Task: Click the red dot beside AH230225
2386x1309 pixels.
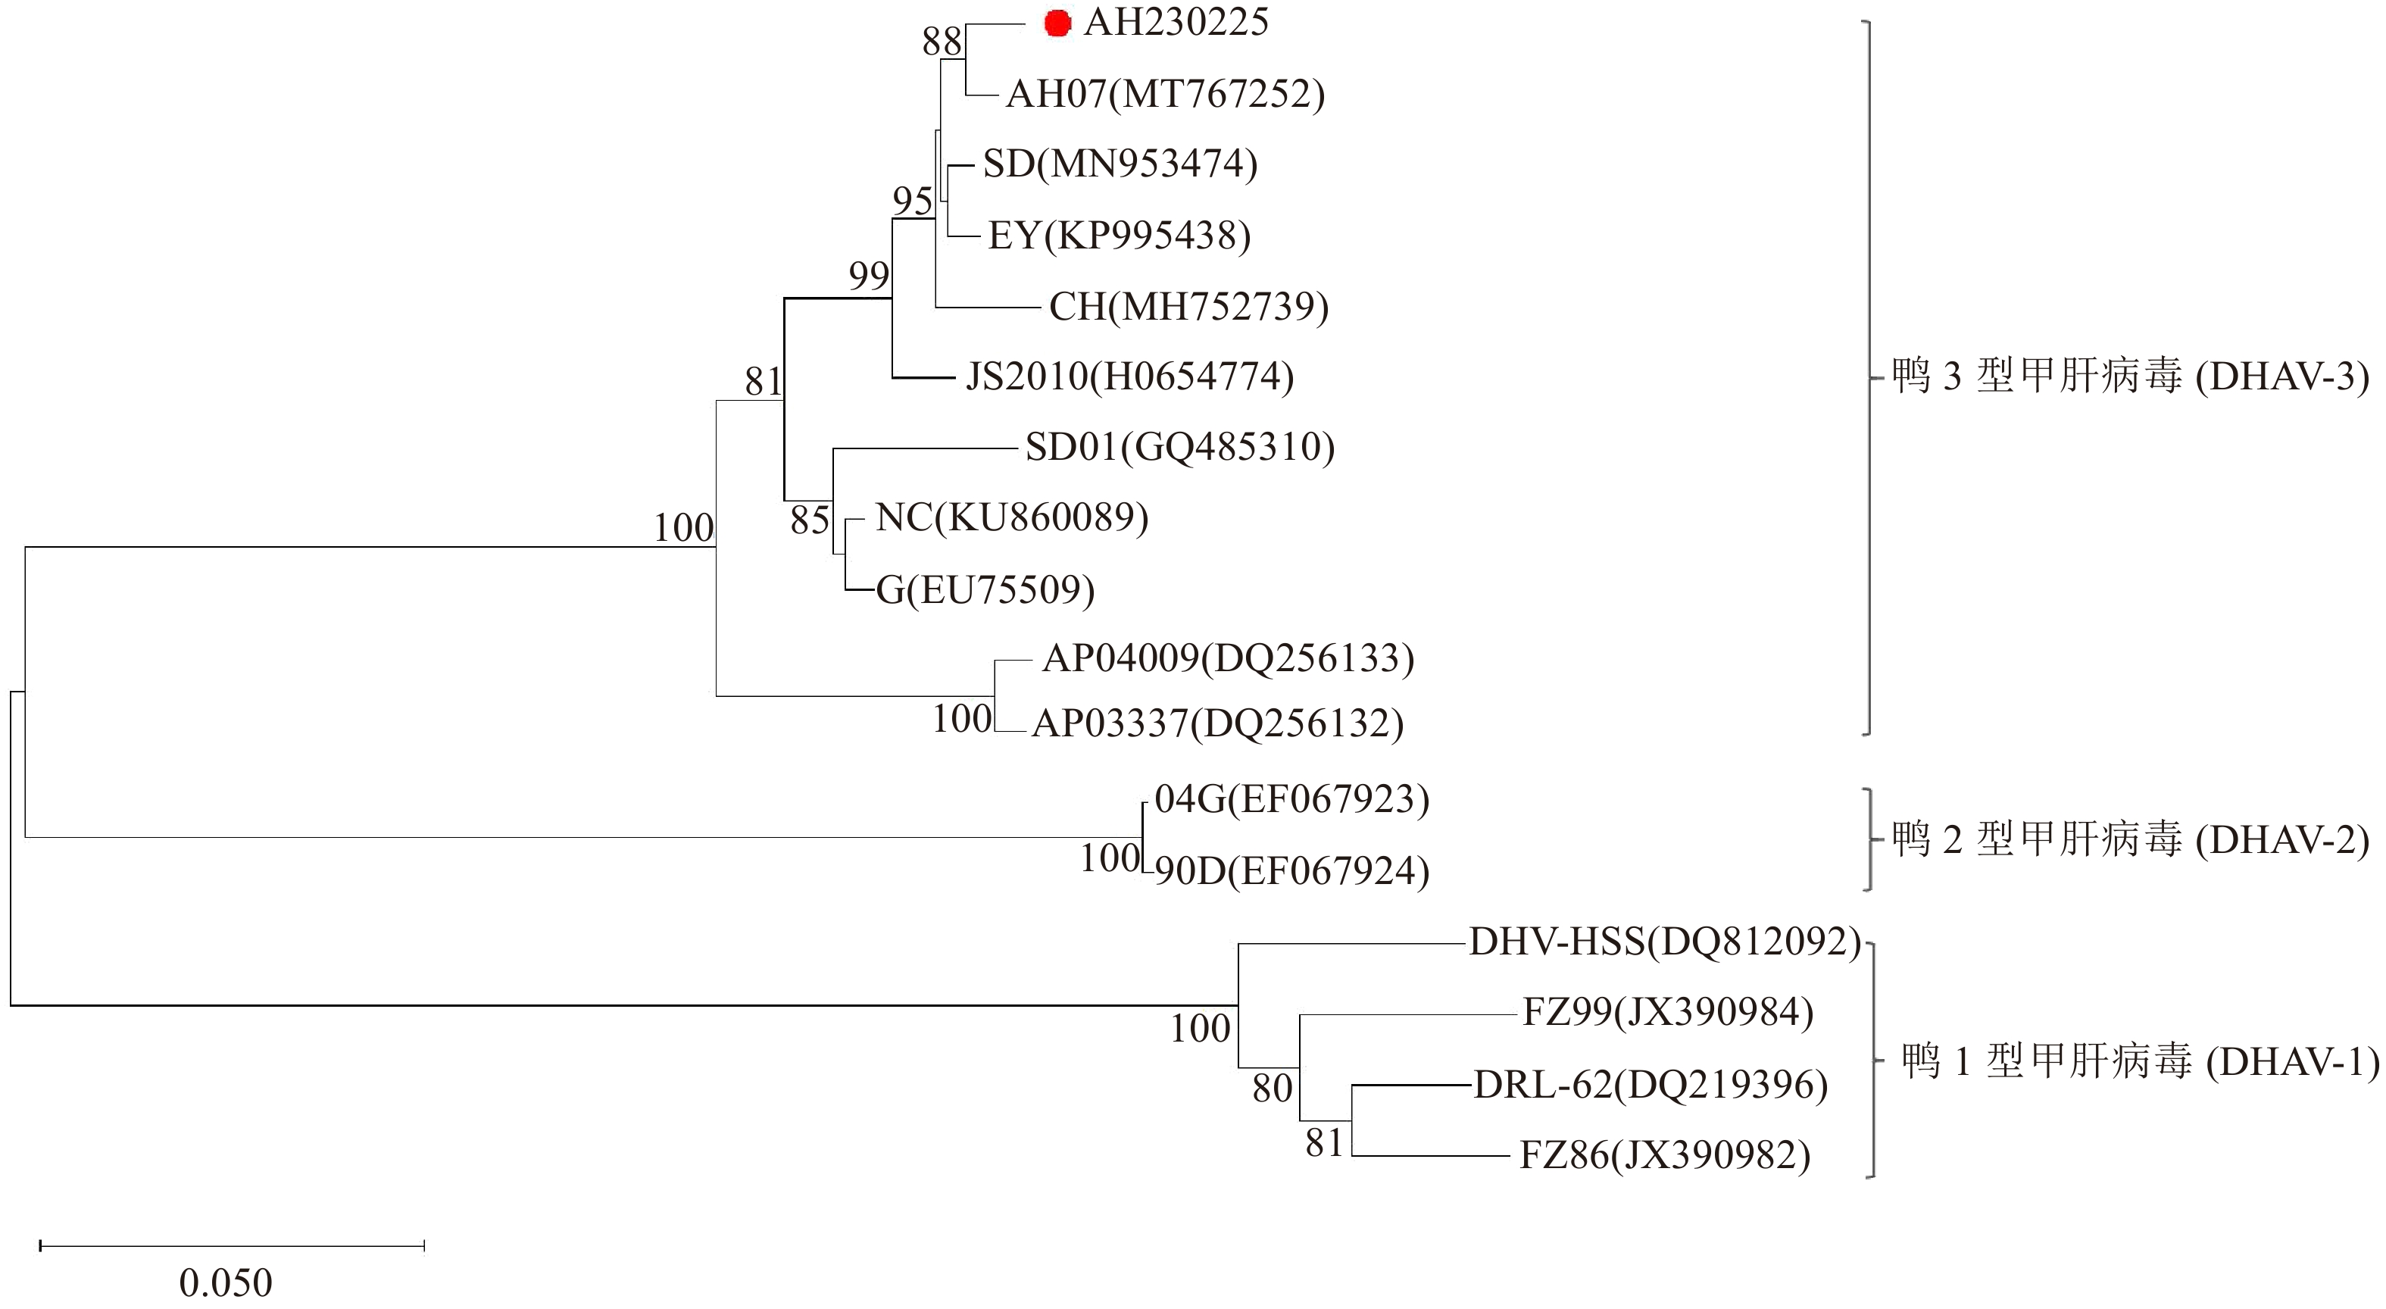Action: coord(1057,24)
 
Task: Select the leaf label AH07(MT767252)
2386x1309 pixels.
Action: coord(1165,95)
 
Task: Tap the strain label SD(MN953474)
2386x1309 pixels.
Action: coord(1120,164)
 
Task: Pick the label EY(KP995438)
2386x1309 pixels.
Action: coord(1119,236)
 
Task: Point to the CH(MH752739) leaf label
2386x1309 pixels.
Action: coord(1188,307)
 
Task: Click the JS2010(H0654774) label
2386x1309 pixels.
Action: coord(1129,377)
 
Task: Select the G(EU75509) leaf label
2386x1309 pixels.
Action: coord(985,590)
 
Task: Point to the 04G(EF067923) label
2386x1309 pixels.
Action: coord(1292,799)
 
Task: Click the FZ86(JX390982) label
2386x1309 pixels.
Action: coord(1664,1156)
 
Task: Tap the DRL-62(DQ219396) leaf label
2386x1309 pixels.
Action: coord(1651,1085)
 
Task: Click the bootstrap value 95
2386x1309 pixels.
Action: coord(912,201)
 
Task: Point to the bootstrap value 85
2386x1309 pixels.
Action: coord(810,520)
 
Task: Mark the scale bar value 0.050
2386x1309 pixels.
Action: coord(226,1283)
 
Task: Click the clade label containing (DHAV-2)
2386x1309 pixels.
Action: coord(2129,840)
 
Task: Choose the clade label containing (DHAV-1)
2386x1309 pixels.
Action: coord(2140,1061)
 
